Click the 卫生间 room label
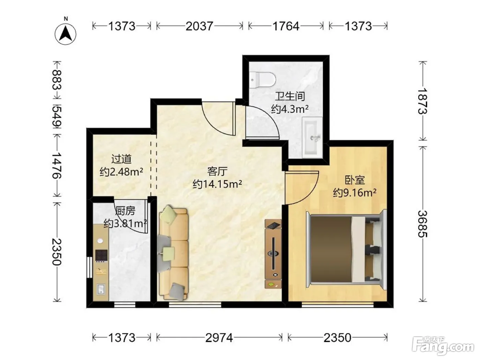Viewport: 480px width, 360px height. [x=290, y=96]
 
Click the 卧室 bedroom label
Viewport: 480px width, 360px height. [x=355, y=180]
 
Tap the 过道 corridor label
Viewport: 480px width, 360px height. [x=121, y=159]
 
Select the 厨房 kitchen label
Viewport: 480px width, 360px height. [x=125, y=211]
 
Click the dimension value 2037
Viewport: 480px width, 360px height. [x=199, y=26]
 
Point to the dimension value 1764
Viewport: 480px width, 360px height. [x=286, y=26]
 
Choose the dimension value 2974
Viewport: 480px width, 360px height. [x=219, y=338]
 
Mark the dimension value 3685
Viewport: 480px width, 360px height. [x=422, y=224]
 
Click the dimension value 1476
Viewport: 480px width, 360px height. [x=57, y=166]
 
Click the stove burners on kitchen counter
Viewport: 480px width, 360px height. [x=101, y=256]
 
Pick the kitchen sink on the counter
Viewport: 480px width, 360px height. [x=101, y=289]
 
